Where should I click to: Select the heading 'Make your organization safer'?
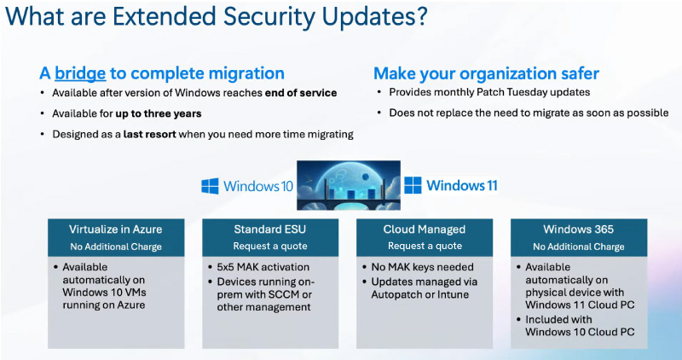486,73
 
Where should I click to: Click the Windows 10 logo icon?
211,186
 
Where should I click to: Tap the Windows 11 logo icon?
413,186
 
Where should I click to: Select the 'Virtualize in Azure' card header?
116,229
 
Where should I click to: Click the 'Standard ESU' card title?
269,229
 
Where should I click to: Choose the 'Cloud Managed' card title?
423,229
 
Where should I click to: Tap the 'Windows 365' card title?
577,229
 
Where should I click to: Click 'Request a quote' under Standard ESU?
269,247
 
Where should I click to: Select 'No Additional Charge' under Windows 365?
577,247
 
